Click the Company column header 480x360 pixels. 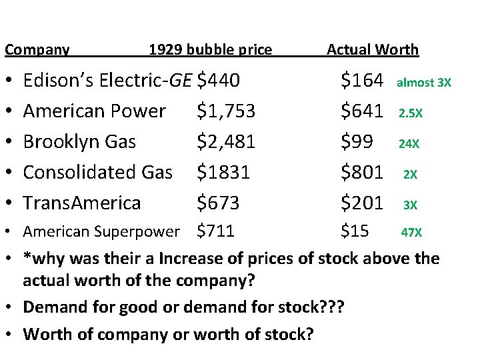pyautogui.click(x=37, y=49)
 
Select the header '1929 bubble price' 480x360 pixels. pyautogui.click(x=210, y=49)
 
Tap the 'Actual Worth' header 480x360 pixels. pyautogui.click(x=372, y=49)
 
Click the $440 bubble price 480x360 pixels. pyautogui.click(x=219, y=81)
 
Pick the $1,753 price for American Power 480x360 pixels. pyautogui.click(x=226, y=111)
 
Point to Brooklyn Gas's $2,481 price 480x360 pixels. pyautogui.click(x=226, y=141)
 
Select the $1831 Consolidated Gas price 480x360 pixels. pyautogui.click(x=223, y=172)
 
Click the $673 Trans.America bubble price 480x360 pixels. pyautogui.click(x=219, y=202)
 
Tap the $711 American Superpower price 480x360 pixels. pyautogui.click(x=216, y=231)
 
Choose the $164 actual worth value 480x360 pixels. pyautogui.click(x=362, y=81)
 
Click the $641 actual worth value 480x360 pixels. pyautogui.click(x=362, y=111)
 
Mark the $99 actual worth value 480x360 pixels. pyautogui.click(x=356, y=141)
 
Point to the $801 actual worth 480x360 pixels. pyautogui.click(x=362, y=172)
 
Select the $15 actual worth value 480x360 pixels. pyautogui.click(x=354, y=231)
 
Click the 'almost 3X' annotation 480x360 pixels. pyautogui.click(x=424, y=83)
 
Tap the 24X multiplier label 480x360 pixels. pyautogui.click(x=409, y=143)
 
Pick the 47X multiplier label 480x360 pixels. pyautogui.click(x=411, y=233)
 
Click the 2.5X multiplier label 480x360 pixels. pyautogui.click(x=410, y=113)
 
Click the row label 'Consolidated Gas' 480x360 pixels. pyautogui.click(x=98, y=172)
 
